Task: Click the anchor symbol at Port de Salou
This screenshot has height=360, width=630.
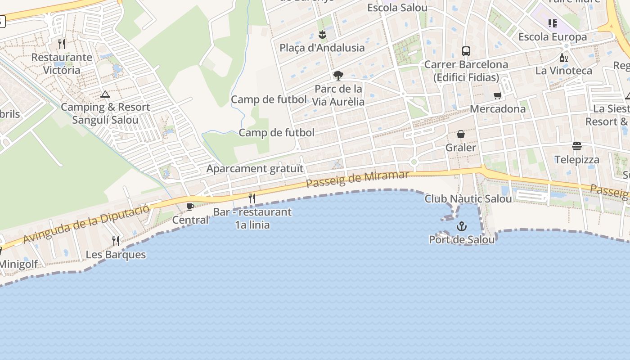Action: point(461,226)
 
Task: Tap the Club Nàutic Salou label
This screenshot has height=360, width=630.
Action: point(468,198)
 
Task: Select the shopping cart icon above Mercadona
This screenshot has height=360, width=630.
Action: point(497,95)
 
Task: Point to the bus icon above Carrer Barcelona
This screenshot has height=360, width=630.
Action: point(466,51)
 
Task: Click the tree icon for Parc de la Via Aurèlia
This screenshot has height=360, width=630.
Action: point(338,75)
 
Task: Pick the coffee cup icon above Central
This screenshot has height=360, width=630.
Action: point(190,207)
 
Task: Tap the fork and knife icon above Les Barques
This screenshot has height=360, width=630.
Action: point(116,241)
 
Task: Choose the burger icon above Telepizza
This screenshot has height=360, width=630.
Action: point(577,146)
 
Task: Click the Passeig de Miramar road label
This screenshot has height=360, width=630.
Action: point(358,180)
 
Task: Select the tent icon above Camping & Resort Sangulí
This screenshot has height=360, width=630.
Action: point(105,94)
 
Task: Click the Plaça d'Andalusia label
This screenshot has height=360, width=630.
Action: point(322,48)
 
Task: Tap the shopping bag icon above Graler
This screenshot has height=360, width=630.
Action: point(461,134)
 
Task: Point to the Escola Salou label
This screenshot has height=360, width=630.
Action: point(397,8)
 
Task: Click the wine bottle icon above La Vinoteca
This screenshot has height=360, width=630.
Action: point(563,58)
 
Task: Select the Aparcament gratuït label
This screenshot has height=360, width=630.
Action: point(255,169)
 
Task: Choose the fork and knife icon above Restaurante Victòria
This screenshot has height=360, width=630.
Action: point(62,44)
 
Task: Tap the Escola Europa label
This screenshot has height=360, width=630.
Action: point(553,37)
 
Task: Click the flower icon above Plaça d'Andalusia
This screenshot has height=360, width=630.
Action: point(322,35)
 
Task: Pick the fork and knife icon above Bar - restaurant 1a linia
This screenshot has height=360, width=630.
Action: point(252,198)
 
